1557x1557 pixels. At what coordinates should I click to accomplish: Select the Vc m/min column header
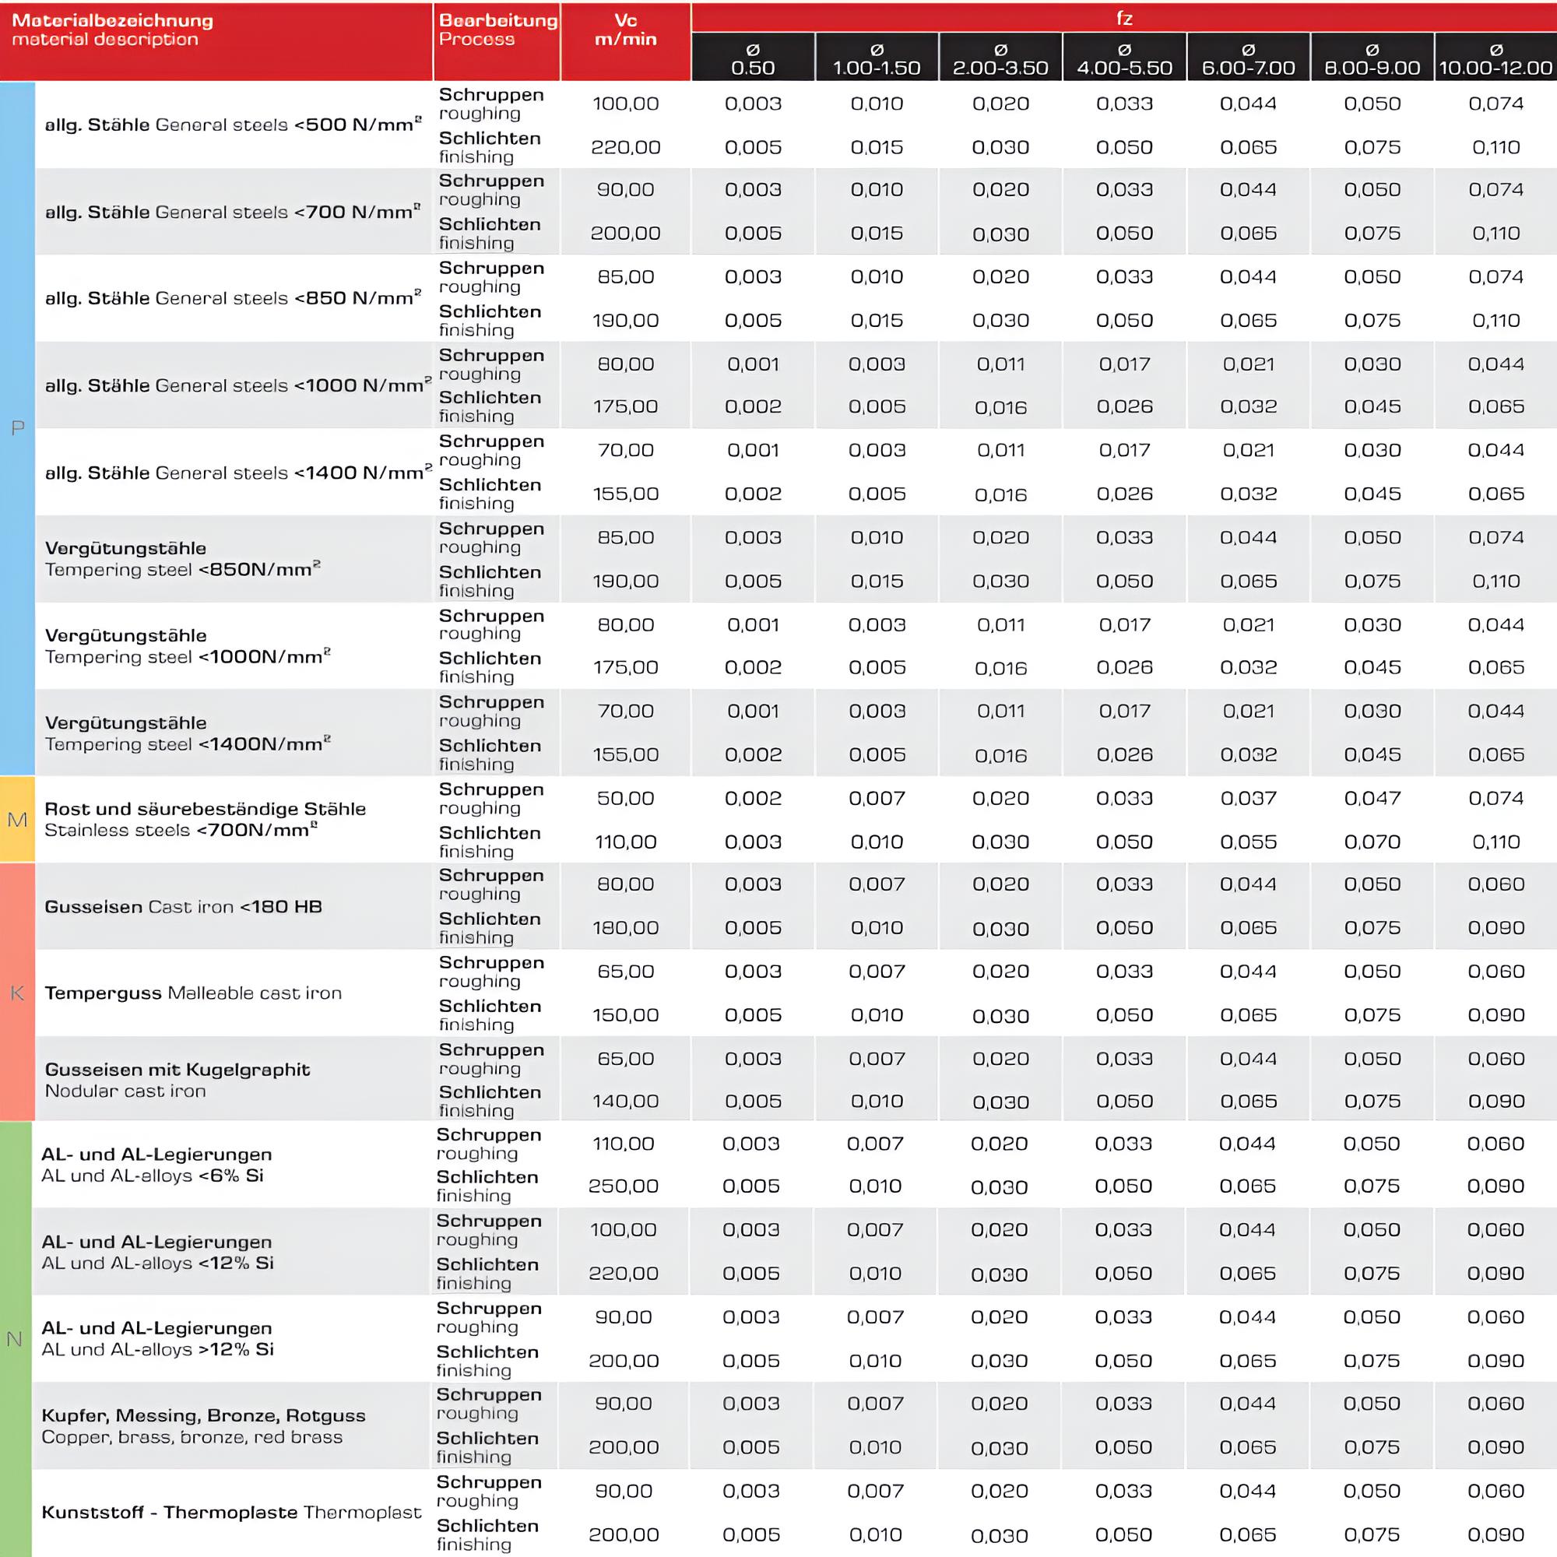625,30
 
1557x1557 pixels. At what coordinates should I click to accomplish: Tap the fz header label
1123,18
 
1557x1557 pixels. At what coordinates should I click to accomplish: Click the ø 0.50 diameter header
753,60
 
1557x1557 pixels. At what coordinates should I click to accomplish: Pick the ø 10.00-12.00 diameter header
1495,60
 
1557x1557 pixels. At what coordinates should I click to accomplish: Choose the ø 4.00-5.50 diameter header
1124,60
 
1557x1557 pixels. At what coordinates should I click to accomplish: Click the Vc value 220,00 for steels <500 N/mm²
625,147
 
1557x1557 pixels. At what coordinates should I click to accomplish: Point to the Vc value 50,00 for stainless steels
625,799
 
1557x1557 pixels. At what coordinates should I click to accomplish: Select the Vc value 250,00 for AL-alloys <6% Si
623,1186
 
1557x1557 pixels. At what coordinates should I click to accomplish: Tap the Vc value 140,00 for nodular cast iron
625,1101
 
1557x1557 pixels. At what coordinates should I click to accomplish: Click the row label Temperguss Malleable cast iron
193,993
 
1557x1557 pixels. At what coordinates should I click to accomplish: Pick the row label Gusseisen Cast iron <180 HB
183,907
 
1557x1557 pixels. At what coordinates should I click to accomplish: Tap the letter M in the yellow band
17,820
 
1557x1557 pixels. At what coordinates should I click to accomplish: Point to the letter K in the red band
17,993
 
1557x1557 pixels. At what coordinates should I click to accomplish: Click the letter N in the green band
15,1339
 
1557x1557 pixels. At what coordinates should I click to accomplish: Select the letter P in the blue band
17,428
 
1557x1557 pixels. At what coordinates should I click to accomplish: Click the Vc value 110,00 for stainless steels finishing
625,842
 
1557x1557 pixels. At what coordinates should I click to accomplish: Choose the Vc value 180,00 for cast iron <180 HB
625,928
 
